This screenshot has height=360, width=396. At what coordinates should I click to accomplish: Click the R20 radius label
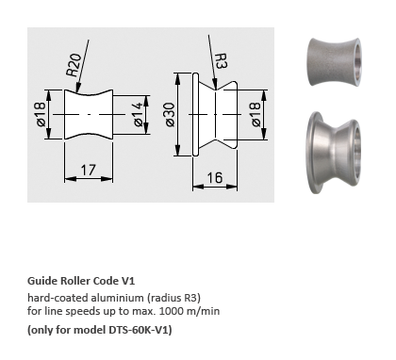[x=74, y=65]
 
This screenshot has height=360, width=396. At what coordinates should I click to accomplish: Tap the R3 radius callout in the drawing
[x=221, y=60]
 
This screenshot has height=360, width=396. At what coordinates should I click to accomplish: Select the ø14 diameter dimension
[x=139, y=114]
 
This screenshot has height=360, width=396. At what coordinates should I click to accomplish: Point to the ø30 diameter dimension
[x=170, y=114]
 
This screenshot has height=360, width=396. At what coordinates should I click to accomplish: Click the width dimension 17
[x=88, y=170]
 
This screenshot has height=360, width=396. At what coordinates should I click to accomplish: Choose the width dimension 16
[x=215, y=177]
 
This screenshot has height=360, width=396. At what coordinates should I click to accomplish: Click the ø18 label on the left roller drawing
[x=41, y=114]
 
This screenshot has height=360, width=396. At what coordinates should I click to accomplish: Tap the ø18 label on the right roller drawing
[x=256, y=114]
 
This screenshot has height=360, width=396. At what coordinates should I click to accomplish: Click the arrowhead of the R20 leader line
[x=77, y=89]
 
